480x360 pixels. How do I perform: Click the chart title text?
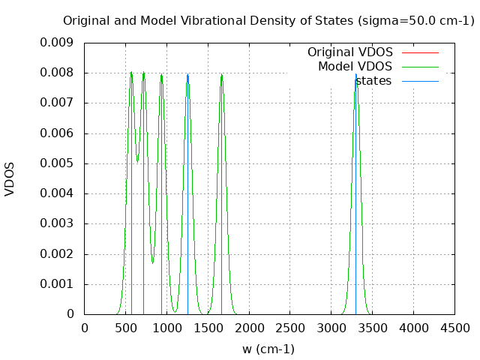click(x=268, y=21)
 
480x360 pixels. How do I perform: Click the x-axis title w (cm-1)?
click(x=268, y=349)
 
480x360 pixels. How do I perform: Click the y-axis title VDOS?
click(x=10, y=178)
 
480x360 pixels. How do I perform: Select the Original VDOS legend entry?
click(x=349, y=52)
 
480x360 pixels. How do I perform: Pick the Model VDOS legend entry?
click(x=355, y=67)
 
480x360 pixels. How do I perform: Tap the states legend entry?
click(x=373, y=81)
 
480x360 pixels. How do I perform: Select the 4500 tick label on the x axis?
click(x=454, y=328)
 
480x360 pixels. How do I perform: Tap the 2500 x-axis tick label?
click(x=290, y=328)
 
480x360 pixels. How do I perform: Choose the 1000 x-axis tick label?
click(x=166, y=328)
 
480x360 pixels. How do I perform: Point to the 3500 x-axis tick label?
click(x=372, y=328)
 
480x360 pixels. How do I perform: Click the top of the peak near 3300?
click(x=356, y=73)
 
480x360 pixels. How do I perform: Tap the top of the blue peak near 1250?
click(x=187, y=73)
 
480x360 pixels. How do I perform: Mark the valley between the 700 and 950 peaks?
click(x=152, y=263)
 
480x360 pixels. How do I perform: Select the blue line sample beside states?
click(x=420, y=81)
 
